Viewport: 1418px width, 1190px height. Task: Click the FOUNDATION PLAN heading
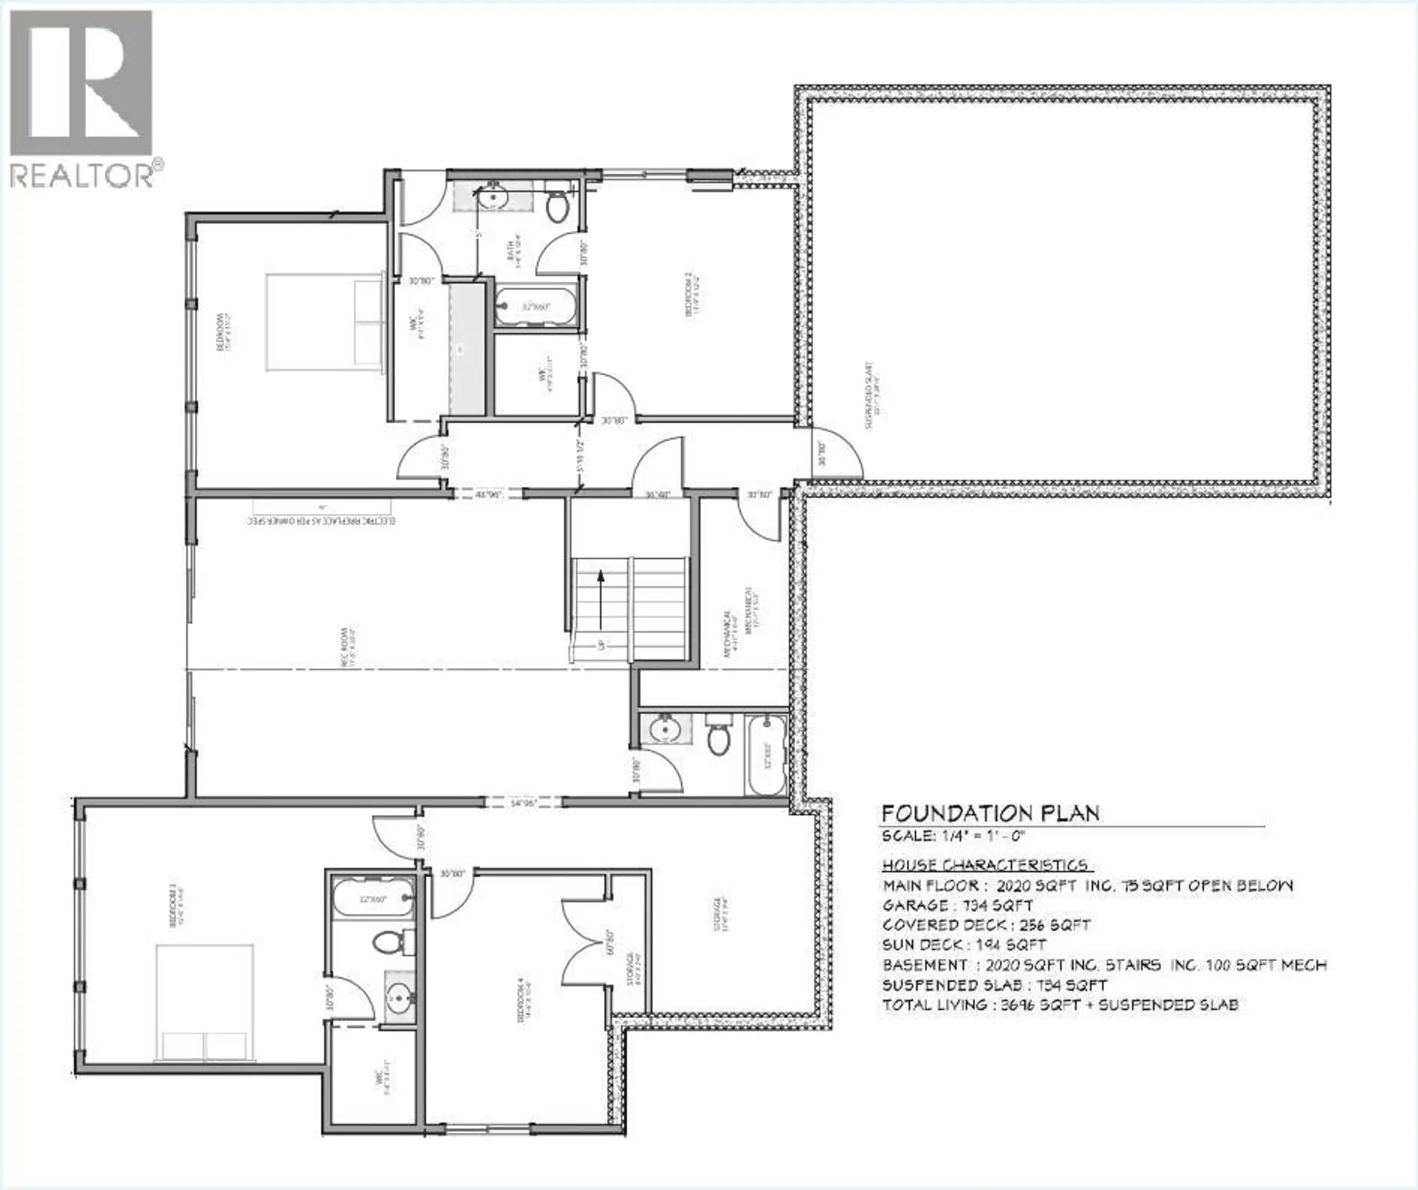point(990,814)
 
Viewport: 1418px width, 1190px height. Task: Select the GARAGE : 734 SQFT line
point(958,905)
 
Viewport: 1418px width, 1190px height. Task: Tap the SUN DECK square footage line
point(964,945)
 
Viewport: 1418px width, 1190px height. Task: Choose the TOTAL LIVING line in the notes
point(1060,1005)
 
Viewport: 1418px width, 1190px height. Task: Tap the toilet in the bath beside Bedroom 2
point(557,204)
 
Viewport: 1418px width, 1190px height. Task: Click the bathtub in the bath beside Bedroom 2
point(535,306)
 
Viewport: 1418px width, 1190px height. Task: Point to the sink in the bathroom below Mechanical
point(665,729)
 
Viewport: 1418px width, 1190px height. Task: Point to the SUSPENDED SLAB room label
point(871,395)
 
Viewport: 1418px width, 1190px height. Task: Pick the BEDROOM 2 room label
point(691,293)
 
